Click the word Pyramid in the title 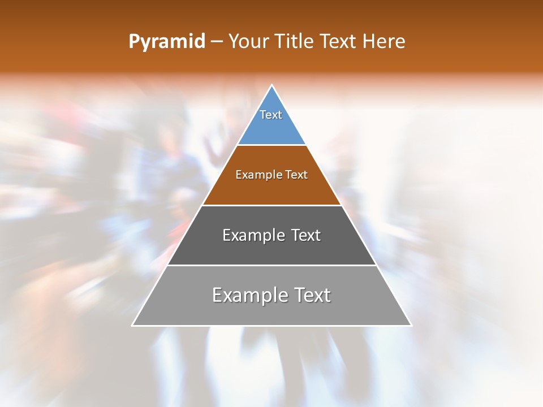[167, 42]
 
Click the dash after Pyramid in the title [216, 42]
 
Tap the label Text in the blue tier [271, 115]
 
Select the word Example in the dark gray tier [253, 235]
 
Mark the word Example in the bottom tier [247, 295]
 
